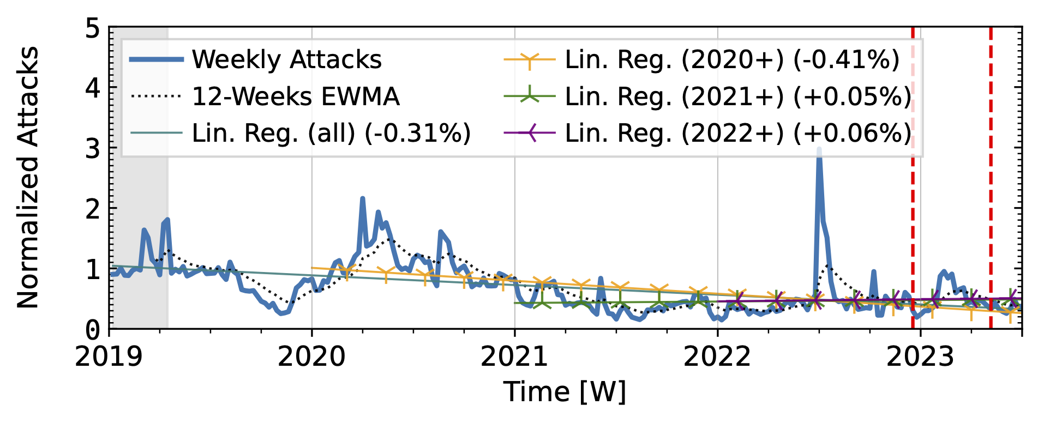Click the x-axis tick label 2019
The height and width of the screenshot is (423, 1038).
[x=109, y=357]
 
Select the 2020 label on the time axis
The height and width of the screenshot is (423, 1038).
[x=311, y=357]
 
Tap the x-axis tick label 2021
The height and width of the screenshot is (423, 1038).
[x=514, y=357]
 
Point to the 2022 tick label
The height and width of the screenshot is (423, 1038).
[x=717, y=357]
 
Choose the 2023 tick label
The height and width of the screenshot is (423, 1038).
[x=920, y=357]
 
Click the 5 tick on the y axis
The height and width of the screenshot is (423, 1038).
[x=93, y=28]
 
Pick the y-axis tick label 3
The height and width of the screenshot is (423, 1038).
[x=93, y=148]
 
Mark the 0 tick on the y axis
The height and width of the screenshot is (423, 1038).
[x=93, y=329]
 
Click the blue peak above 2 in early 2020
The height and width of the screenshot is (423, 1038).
[x=363, y=199]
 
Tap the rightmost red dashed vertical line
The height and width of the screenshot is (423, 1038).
[x=991, y=178]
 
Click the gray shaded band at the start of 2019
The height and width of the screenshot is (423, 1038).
[x=139, y=178]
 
